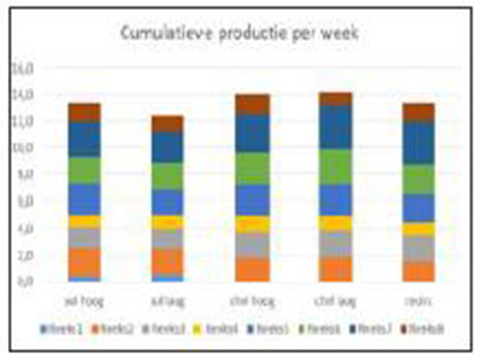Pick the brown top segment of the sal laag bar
coord(167,124)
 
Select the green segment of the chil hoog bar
coord(252,168)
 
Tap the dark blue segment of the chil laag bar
coord(335,127)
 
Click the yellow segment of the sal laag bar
coord(167,222)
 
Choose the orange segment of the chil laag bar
coord(335,269)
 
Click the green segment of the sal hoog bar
coord(84,170)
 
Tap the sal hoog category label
coord(84,302)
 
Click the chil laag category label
coord(335,302)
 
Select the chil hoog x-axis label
coord(252,302)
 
